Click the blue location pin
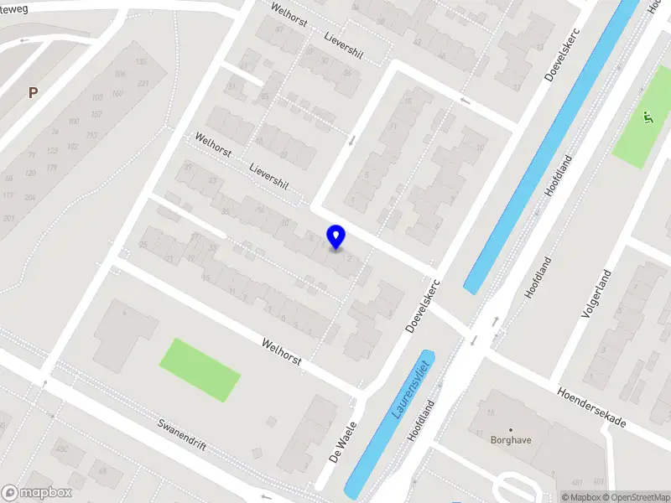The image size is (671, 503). click(x=336, y=236)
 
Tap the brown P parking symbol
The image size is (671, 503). click(x=33, y=93)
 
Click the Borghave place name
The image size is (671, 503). click(x=511, y=439)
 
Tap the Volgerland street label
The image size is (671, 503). click(x=596, y=293)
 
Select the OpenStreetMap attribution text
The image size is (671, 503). click(x=634, y=497)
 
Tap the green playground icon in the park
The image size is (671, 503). click(x=646, y=118)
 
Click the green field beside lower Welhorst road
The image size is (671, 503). click(x=200, y=369)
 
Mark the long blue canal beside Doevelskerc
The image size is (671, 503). click(x=545, y=151)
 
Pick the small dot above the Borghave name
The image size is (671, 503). click(x=511, y=429)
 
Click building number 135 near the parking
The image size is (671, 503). click(x=141, y=62)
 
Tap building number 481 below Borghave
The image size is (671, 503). click(x=576, y=483)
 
